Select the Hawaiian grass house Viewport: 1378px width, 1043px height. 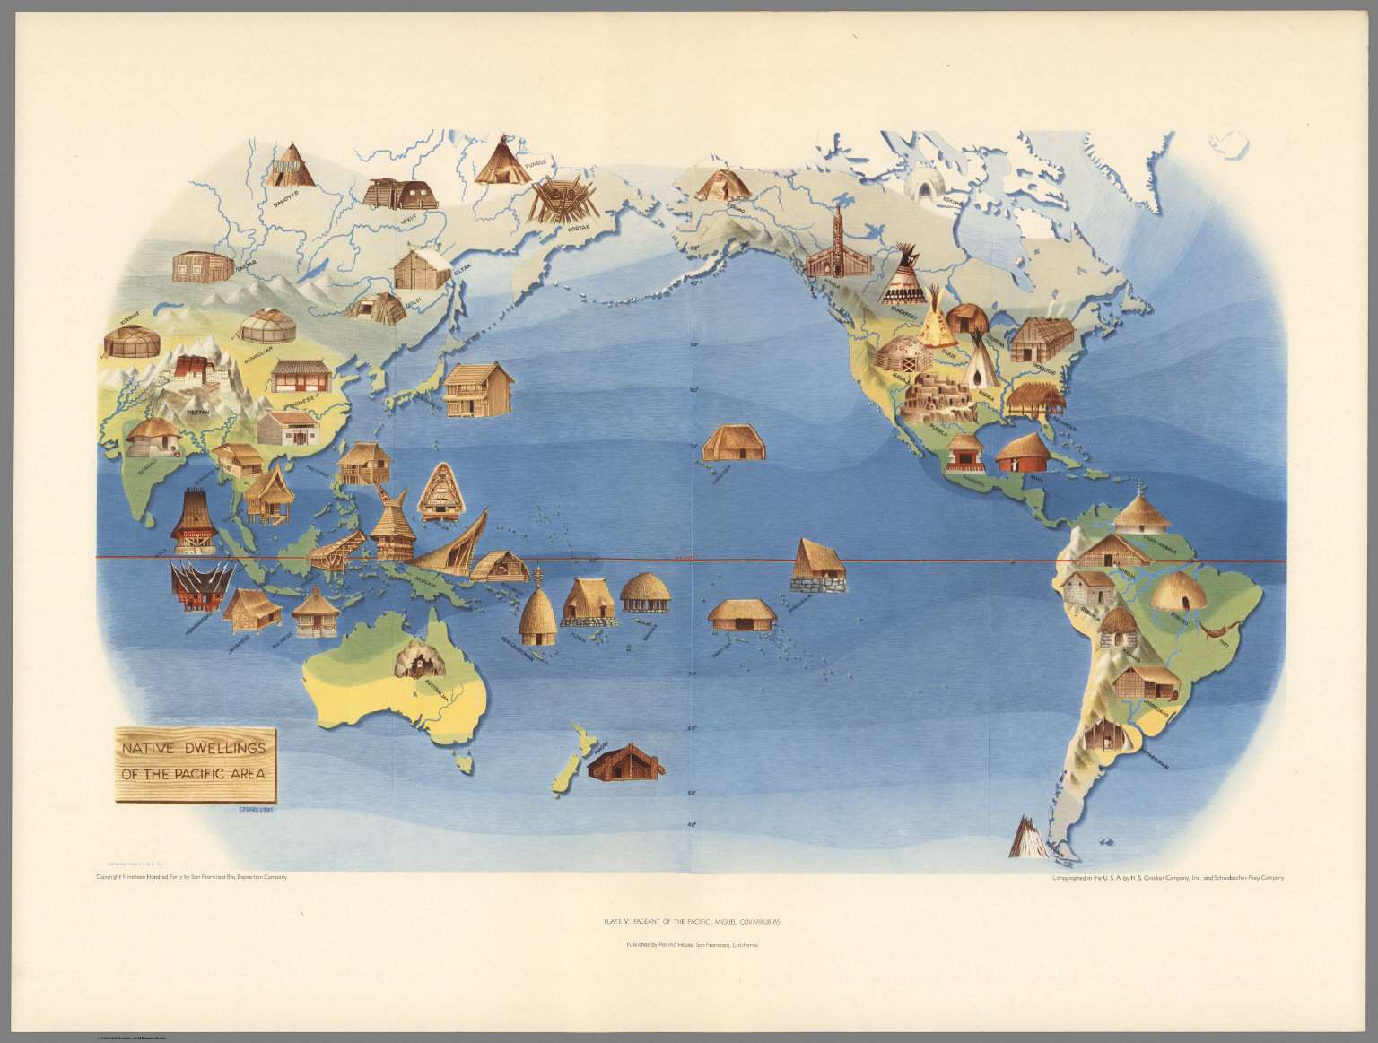(x=734, y=443)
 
